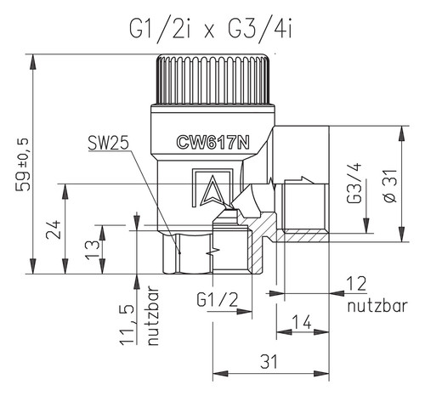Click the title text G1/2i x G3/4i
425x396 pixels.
(x=211, y=30)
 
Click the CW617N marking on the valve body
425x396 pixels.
(x=212, y=142)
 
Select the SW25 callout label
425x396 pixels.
(x=108, y=143)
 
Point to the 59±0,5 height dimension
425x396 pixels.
(x=23, y=164)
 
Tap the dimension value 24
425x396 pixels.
(x=54, y=229)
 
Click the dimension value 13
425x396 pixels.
(x=92, y=250)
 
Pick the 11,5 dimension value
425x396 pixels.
(x=127, y=325)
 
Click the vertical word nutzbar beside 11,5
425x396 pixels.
(x=153, y=315)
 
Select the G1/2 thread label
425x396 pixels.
(x=218, y=300)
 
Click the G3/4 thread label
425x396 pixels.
(x=354, y=183)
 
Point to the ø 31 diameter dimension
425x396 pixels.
(x=391, y=185)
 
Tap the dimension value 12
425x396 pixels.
(x=358, y=284)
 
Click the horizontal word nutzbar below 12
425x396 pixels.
(x=377, y=306)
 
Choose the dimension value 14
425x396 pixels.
(x=302, y=322)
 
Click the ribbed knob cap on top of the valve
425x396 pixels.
(x=212, y=79)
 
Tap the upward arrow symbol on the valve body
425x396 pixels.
(x=212, y=190)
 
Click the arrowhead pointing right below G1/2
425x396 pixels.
(x=244, y=311)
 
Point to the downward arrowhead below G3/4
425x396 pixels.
(x=366, y=225)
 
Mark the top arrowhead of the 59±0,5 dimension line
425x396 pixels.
(x=33, y=61)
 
